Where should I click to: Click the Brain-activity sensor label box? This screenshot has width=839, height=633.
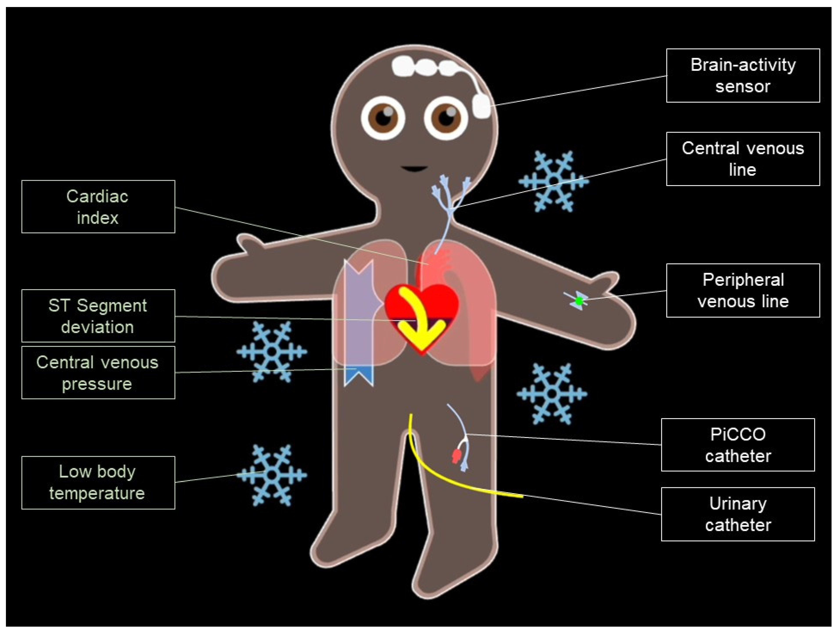[x=743, y=75]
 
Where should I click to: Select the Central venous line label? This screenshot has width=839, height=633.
[x=743, y=159]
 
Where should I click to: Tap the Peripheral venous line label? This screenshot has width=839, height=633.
[x=743, y=290]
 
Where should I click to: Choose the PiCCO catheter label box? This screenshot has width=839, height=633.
[x=738, y=445]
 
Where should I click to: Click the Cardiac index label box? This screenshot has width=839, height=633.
[x=98, y=207]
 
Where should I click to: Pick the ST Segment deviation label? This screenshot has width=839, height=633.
[x=98, y=316]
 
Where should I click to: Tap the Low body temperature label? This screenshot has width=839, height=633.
[x=98, y=482]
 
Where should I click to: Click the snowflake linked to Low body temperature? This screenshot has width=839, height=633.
[x=271, y=475]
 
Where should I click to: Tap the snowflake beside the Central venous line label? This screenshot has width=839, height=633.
[x=553, y=181]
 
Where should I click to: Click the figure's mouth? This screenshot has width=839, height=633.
[x=415, y=168]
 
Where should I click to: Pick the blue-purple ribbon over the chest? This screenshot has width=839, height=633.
[x=358, y=322]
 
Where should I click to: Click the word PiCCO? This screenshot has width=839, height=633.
[x=738, y=434]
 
